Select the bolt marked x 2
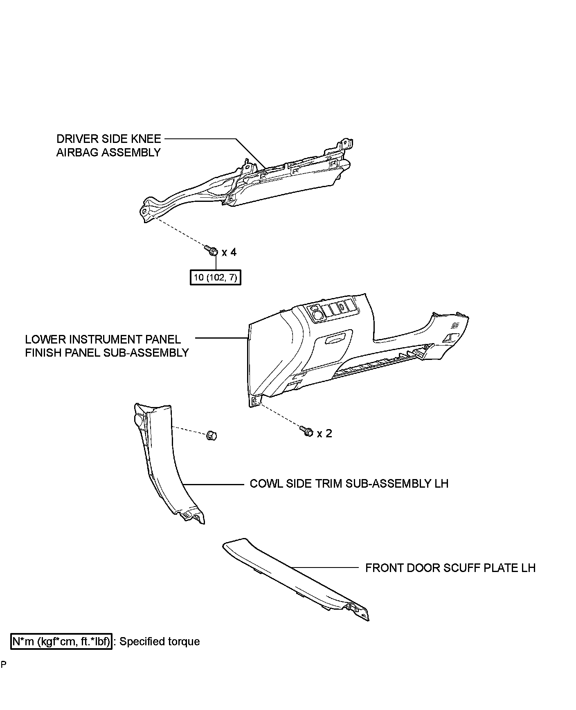pyautogui.click(x=307, y=431)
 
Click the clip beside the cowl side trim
pyautogui.click(x=211, y=435)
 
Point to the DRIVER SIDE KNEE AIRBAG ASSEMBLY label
pyautogui.click(x=109, y=145)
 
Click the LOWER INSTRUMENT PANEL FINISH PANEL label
pyautogui.click(x=107, y=346)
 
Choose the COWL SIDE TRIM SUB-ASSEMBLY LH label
pyautogui.click(x=349, y=484)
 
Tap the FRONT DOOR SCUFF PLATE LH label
pyautogui.click(x=450, y=568)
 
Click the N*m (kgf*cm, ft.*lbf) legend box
pyautogui.click(x=61, y=641)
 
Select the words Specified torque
pyautogui.click(x=160, y=641)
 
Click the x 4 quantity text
pyautogui.click(x=229, y=252)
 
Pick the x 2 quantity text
pyautogui.click(x=324, y=433)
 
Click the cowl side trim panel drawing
pyautogui.click(x=168, y=463)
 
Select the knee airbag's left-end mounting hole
pyautogui.click(x=144, y=211)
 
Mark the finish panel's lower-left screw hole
pyautogui.click(x=254, y=400)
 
